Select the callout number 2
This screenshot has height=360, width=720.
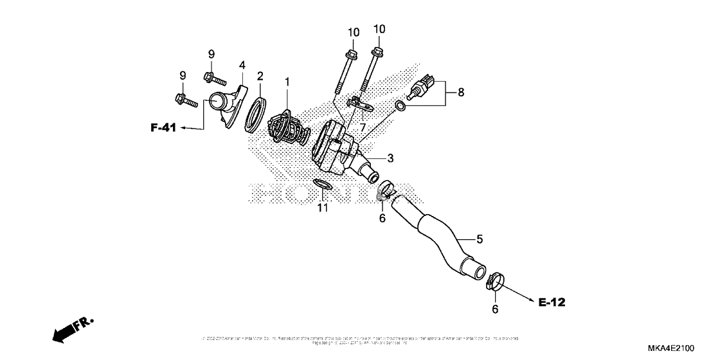(x=260, y=76)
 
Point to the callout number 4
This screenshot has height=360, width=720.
(x=242, y=65)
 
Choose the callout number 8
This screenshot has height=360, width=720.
(x=460, y=92)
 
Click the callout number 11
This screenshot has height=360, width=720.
(x=322, y=207)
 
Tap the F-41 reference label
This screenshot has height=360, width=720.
(x=163, y=128)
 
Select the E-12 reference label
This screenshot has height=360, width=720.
(x=551, y=301)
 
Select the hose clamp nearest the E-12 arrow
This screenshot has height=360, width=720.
(x=495, y=281)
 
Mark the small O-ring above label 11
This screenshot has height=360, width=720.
(x=322, y=185)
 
